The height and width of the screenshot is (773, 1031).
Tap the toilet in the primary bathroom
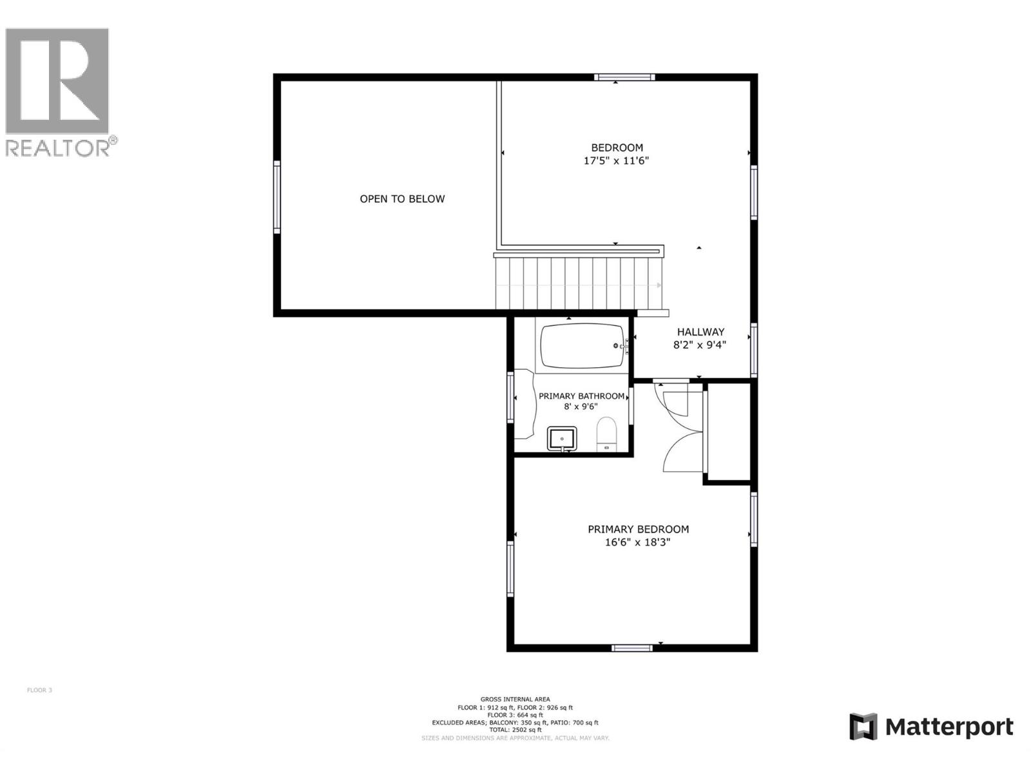606,433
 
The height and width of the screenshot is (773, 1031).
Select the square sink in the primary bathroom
563,439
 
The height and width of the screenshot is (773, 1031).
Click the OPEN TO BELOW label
402,199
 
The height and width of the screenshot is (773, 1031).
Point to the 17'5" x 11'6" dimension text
616,161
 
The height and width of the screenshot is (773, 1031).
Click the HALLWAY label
700,332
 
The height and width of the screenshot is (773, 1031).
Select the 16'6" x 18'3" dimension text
637,542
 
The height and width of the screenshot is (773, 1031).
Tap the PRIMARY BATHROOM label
581,396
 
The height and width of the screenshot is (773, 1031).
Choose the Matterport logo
931,727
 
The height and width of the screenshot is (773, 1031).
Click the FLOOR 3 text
39,691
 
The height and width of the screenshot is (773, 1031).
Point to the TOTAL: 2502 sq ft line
515,730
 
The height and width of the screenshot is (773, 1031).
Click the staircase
578,283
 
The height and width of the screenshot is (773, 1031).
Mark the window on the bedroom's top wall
624,77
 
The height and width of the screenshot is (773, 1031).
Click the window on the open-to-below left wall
277,196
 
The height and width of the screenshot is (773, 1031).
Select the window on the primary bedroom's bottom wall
632,648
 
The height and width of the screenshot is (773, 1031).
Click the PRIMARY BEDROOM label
638,530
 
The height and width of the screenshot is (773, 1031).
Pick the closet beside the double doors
729,432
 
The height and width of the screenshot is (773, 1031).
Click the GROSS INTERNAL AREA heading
515,699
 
